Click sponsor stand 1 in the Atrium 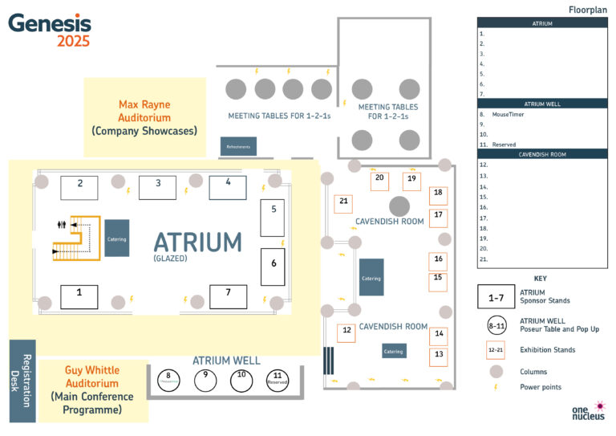coord(79,296)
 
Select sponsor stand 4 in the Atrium coord(228,186)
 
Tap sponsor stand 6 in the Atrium coord(273,267)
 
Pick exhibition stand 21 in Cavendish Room coord(343,203)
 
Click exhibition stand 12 coord(346,332)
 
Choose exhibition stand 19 coord(411,181)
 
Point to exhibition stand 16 coord(438,262)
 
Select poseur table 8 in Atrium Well coord(169,379)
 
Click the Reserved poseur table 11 coord(278,379)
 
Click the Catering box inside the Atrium coord(116,238)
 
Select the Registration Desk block coord(22,381)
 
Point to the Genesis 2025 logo coord(50,30)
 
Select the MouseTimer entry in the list coord(507,115)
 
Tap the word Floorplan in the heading coord(587,10)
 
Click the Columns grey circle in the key coord(496,371)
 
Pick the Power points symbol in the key coord(496,387)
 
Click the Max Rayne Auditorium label coord(144,117)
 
